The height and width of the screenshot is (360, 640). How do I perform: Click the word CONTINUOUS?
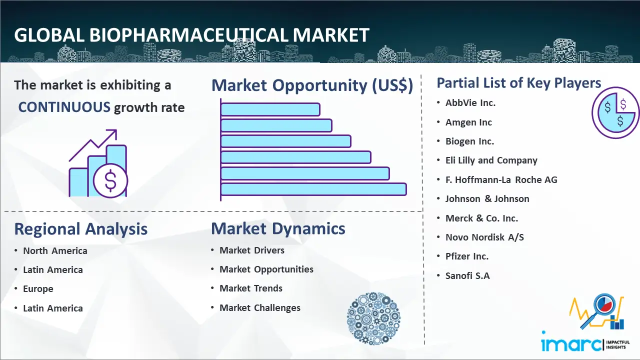click(x=64, y=107)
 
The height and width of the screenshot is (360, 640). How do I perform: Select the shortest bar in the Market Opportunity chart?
click(x=270, y=109)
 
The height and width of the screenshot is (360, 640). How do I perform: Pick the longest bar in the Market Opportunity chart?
click(x=313, y=189)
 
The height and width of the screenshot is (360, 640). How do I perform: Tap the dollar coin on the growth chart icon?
click(x=110, y=181)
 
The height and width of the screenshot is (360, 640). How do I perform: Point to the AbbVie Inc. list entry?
click(x=470, y=103)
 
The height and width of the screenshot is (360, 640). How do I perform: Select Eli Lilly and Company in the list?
click(x=491, y=160)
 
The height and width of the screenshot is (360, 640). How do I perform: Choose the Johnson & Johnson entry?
click(x=487, y=198)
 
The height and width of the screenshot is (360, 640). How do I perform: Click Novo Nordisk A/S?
click(x=484, y=237)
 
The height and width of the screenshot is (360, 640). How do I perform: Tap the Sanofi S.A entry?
click(x=467, y=275)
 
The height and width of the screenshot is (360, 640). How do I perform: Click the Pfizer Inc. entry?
click(x=467, y=256)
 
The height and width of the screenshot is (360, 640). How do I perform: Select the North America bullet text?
click(x=55, y=250)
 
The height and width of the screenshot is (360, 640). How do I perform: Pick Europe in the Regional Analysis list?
click(x=38, y=289)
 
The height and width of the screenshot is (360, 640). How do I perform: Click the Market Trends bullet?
click(x=251, y=288)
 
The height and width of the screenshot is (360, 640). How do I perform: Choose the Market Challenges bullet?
click(x=260, y=307)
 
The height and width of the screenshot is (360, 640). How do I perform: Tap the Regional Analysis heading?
click(x=81, y=229)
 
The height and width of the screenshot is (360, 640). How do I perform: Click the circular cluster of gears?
click(x=373, y=318)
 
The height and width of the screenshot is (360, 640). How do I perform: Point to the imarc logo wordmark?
click(x=571, y=344)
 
